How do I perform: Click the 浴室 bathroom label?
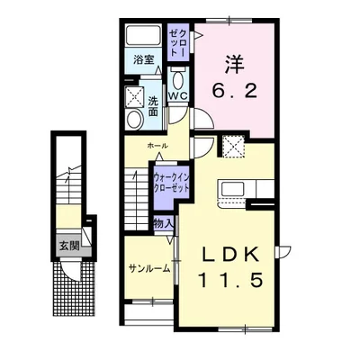[144, 60]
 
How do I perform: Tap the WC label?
[177, 95]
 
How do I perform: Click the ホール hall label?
[157, 146]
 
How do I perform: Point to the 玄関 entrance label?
[69, 246]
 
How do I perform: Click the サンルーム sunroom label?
[149, 269]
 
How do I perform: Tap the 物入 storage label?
[164, 223]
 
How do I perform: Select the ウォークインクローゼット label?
[171, 184]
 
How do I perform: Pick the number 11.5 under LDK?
[230, 281]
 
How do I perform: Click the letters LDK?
[230, 255]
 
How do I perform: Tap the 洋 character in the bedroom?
[234, 65]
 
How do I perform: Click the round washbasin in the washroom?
[134, 119]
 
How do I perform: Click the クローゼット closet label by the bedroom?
[177, 42]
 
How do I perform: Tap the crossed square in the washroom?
[134, 96]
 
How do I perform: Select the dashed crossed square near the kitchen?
[234, 147]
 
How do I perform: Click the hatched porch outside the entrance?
[74, 288]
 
